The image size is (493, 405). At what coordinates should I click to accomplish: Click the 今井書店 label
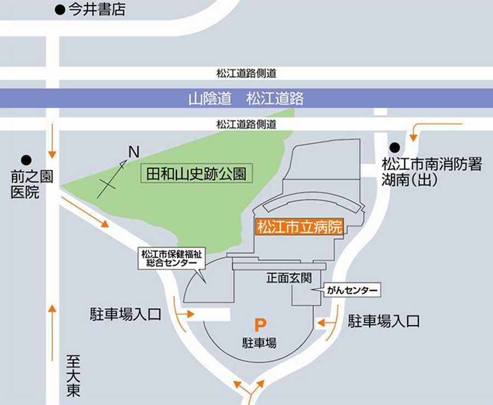click(96, 10)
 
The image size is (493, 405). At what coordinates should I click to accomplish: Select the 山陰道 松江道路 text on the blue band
click(246, 99)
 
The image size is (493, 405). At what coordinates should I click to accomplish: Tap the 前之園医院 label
click(25, 184)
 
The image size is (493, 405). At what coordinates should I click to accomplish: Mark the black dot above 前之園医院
click(26, 160)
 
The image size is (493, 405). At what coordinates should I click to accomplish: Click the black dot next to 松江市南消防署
click(394, 147)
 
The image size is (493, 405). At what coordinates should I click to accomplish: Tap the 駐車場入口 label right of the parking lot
click(384, 321)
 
